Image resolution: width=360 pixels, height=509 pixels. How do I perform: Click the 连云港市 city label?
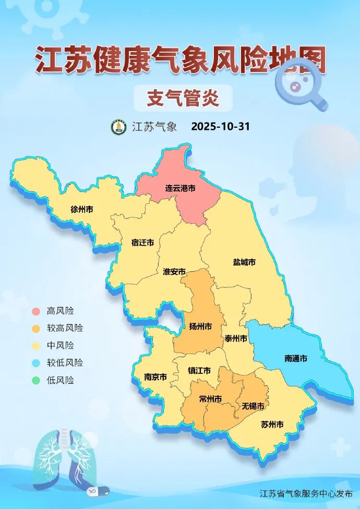point(181,188)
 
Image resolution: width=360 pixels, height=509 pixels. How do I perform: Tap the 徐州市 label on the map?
point(82,210)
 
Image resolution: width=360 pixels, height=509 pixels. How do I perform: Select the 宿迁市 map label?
point(142,243)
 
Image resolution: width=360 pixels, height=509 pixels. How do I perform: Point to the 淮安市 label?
point(174,272)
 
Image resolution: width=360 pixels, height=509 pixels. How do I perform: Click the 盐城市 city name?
point(244,262)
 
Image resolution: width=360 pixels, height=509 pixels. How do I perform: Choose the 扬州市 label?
point(200,326)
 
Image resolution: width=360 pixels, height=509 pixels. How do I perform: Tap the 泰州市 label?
point(236,338)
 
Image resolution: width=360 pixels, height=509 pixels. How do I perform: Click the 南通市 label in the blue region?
point(296,358)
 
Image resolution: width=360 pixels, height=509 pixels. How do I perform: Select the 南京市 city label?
point(155,377)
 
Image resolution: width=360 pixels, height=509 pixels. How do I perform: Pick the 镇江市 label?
point(199,371)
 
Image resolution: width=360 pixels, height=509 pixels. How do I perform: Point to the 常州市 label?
point(210,399)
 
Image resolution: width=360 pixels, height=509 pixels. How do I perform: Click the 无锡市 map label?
point(253,406)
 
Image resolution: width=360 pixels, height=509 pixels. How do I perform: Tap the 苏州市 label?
point(272,425)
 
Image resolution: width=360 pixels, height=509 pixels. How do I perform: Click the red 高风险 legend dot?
point(35,311)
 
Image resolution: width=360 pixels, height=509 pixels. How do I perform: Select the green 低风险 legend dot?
point(35,380)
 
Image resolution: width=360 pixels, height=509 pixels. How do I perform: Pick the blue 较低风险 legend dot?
point(35,363)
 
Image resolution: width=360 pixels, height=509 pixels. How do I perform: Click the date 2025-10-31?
point(221,127)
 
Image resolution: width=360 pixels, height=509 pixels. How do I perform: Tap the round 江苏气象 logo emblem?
point(119,127)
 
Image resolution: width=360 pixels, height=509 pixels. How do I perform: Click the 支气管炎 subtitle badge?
point(183,98)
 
